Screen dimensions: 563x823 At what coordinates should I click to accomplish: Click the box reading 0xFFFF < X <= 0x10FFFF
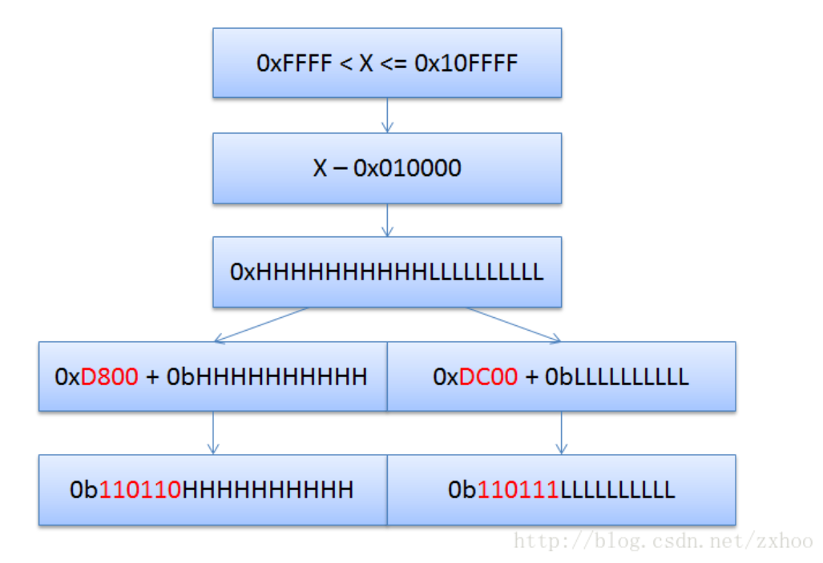tap(386, 62)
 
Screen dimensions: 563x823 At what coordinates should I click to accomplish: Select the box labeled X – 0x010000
tap(386, 167)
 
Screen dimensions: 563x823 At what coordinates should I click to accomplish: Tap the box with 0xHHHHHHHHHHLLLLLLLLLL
tap(386, 271)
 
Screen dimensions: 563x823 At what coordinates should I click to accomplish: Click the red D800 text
tap(110, 376)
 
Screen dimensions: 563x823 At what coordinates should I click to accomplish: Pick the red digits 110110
tap(140, 489)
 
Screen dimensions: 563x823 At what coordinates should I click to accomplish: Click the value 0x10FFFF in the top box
tap(466, 63)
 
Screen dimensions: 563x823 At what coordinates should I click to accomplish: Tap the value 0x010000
tap(409, 168)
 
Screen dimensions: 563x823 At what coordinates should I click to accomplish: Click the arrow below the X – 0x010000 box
tap(387, 219)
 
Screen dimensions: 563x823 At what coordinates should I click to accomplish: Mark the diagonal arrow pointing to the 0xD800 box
tap(260, 324)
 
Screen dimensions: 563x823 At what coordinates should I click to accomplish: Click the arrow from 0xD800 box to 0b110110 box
tap(212, 432)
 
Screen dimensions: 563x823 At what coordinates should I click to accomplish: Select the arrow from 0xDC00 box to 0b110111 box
tap(561, 432)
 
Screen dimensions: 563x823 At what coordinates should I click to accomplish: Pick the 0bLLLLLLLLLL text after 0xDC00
tap(616, 376)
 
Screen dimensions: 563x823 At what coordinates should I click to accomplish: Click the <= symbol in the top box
tap(393, 63)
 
